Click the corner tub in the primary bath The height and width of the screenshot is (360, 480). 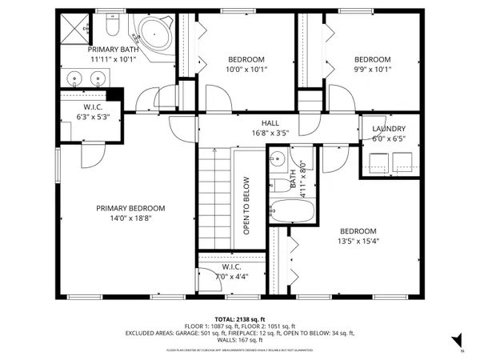tap(152, 34)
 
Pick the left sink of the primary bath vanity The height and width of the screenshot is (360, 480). tap(74, 78)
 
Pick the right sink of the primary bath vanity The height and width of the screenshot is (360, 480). tap(99, 78)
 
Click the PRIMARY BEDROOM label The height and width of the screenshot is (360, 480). tap(130, 208)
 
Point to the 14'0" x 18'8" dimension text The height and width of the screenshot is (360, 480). tap(130, 218)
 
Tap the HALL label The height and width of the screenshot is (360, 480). tap(270, 123)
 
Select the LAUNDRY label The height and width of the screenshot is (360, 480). tap(389, 129)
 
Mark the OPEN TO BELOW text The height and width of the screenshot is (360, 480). tap(247, 205)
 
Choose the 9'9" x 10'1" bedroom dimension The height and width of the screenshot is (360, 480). tap(372, 70)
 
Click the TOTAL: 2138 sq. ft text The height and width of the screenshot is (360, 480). tap(240, 318)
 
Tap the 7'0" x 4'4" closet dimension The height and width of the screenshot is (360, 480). tap(231, 277)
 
